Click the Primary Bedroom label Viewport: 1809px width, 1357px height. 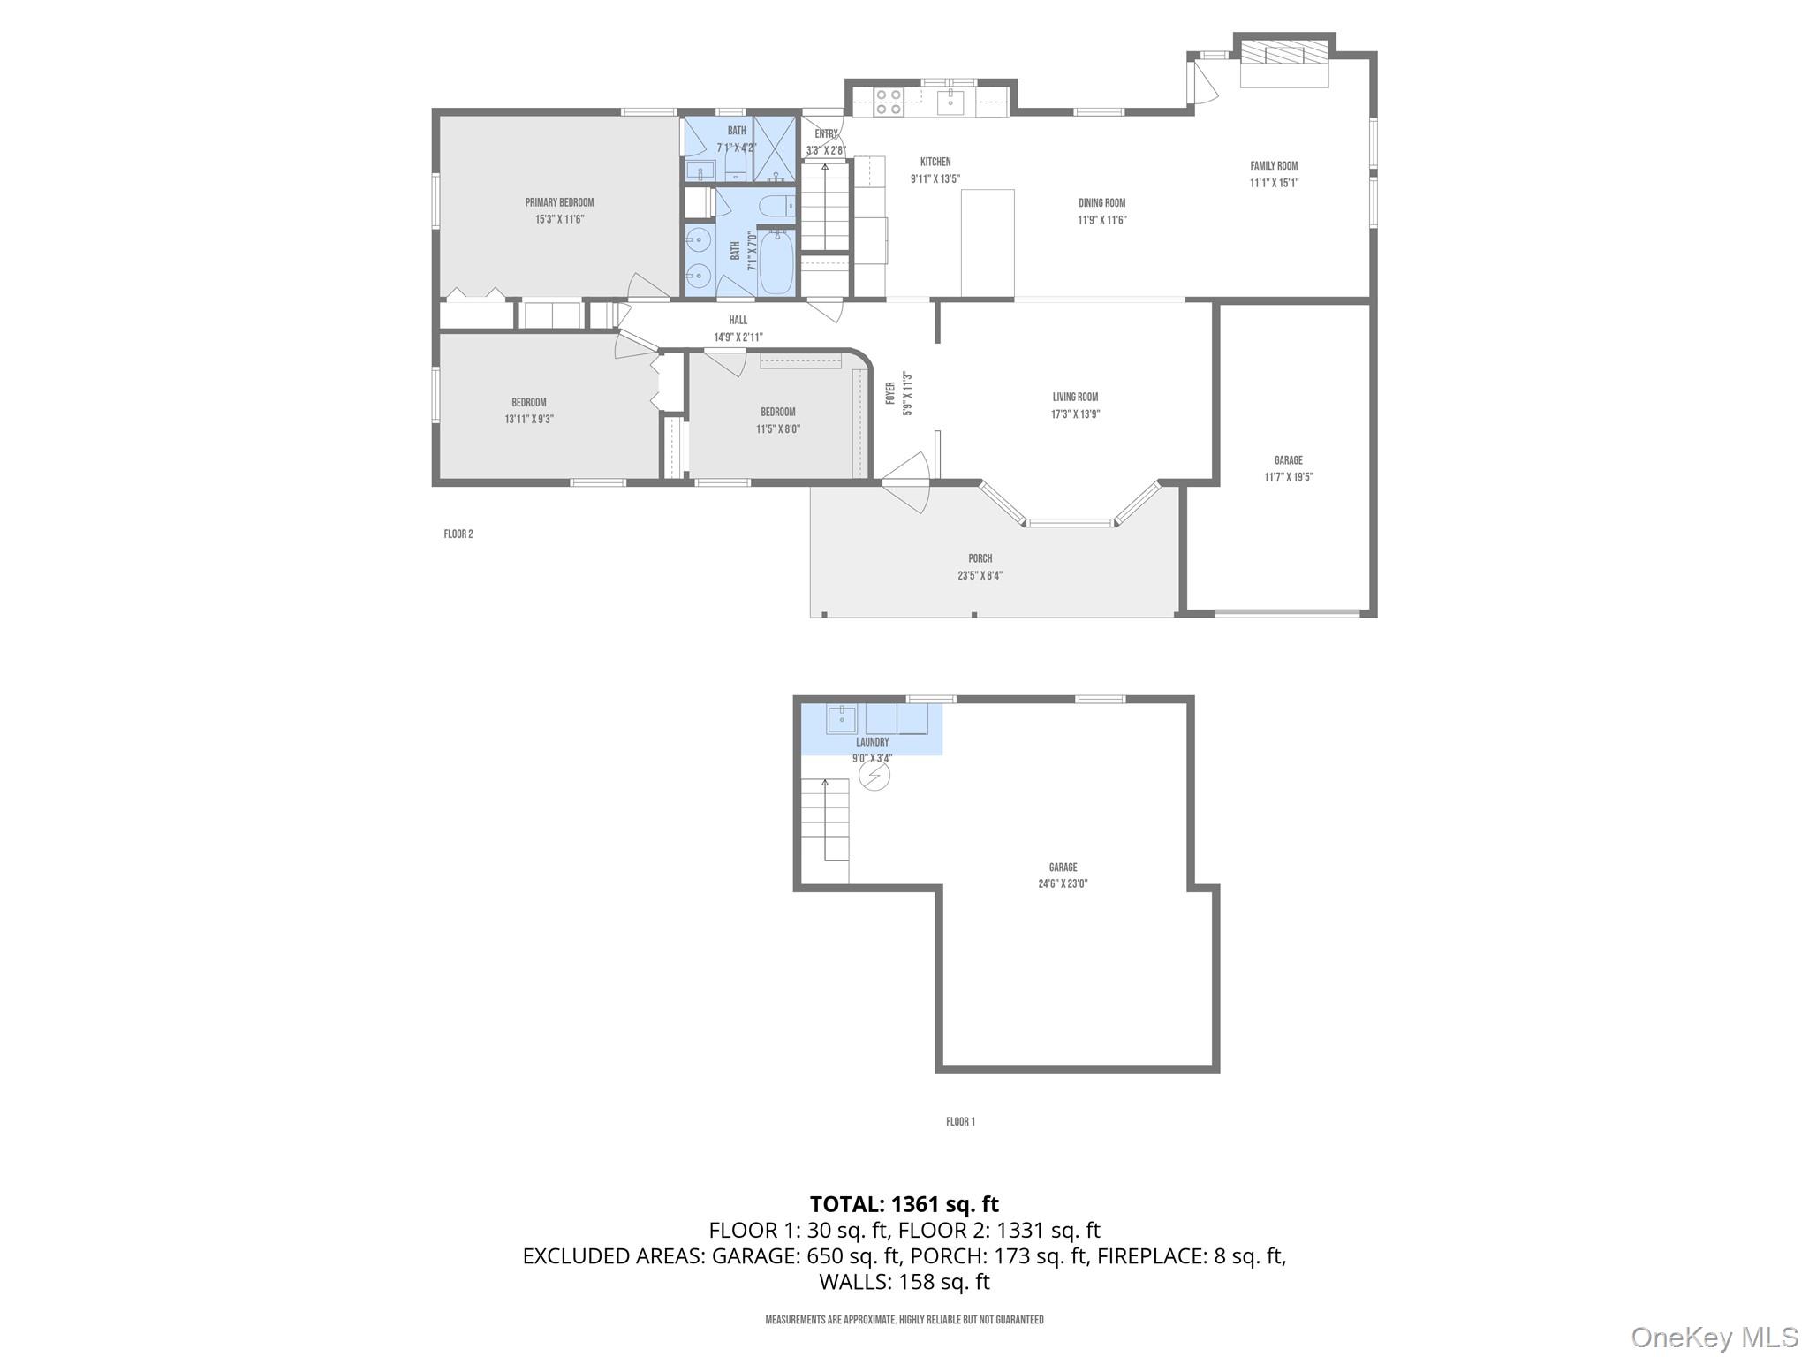[559, 202]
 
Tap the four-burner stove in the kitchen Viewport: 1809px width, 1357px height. [888, 102]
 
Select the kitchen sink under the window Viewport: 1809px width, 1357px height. [950, 102]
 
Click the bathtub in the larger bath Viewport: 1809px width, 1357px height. [776, 262]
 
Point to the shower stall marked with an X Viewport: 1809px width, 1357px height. [775, 149]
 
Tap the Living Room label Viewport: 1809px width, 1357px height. [1075, 397]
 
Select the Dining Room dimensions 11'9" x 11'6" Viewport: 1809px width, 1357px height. [1101, 220]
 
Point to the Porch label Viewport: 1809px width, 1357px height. [980, 558]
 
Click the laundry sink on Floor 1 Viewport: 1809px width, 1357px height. [841, 718]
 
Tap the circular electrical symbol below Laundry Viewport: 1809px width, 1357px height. [874, 776]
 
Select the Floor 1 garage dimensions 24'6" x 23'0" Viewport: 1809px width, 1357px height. [1063, 883]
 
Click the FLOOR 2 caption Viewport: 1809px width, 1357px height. [458, 534]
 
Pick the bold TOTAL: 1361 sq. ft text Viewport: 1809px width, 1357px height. [904, 1203]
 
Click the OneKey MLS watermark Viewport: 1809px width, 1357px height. [1714, 1337]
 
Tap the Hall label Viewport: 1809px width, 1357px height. [738, 320]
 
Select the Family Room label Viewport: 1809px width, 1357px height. [1274, 166]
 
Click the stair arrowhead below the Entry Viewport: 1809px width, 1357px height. [825, 166]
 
